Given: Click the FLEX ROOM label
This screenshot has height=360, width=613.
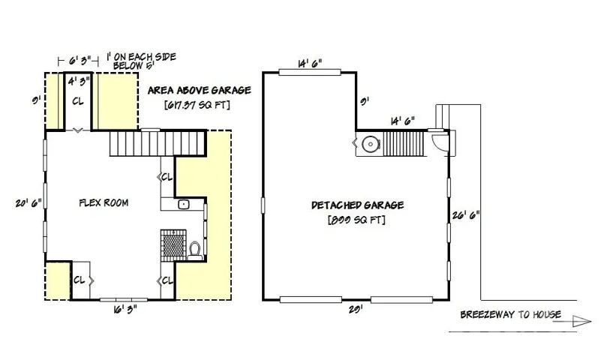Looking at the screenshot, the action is click(x=104, y=202).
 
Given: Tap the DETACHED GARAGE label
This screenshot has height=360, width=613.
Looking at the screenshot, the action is click(x=357, y=205).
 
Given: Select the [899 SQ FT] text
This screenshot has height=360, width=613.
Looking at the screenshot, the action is click(x=356, y=220).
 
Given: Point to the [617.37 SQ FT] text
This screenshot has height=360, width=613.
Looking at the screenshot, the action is click(x=197, y=105).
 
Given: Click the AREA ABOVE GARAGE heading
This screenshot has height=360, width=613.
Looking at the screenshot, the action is click(x=199, y=90).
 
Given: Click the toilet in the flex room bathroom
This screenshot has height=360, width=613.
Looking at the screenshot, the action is click(x=194, y=251).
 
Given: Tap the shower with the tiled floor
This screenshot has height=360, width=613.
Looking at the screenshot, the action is click(x=173, y=245).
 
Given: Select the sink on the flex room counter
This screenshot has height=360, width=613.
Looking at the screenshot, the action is click(x=183, y=204).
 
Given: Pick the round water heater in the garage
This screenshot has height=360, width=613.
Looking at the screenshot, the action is click(x=370, y=144).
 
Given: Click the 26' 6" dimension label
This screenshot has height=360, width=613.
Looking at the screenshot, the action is click(x=466, y=215).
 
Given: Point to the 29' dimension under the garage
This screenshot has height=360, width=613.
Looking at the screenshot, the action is click(x=356, y=309).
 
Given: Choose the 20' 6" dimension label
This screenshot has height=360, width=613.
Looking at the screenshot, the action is click(x=29, y=203).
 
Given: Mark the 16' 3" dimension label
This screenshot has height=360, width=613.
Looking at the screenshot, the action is click(x=125, y=310).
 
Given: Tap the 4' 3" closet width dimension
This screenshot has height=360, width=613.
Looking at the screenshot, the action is click(x=79, y=81).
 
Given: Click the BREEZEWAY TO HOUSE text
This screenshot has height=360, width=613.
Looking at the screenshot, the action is click(x=510, y=315).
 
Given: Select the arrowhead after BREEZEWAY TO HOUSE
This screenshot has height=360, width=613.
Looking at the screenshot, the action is click(x=582, y=321).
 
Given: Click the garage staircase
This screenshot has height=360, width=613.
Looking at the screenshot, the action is click(x=404, y=144).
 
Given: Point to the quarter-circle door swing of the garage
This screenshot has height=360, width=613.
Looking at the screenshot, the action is click(x=440, y=142).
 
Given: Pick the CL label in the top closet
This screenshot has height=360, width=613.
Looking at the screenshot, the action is click(x=78, y=101).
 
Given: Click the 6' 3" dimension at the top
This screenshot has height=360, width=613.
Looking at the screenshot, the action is click(x=80, y=61).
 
